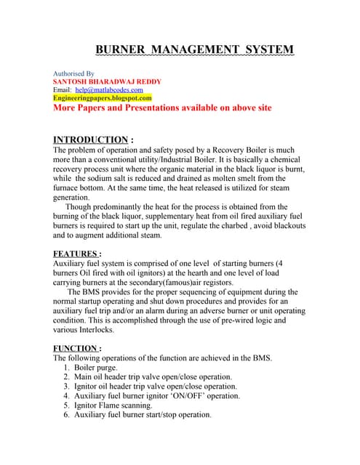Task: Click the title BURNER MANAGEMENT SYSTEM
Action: tap(195, 49)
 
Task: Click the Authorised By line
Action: tap(74, 73)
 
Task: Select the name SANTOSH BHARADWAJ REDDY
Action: tap(108, 81)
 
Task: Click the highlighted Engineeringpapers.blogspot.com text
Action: tap(103, 97)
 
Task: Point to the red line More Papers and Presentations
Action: tap(162, 107)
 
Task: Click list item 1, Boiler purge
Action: tap(101, 368)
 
